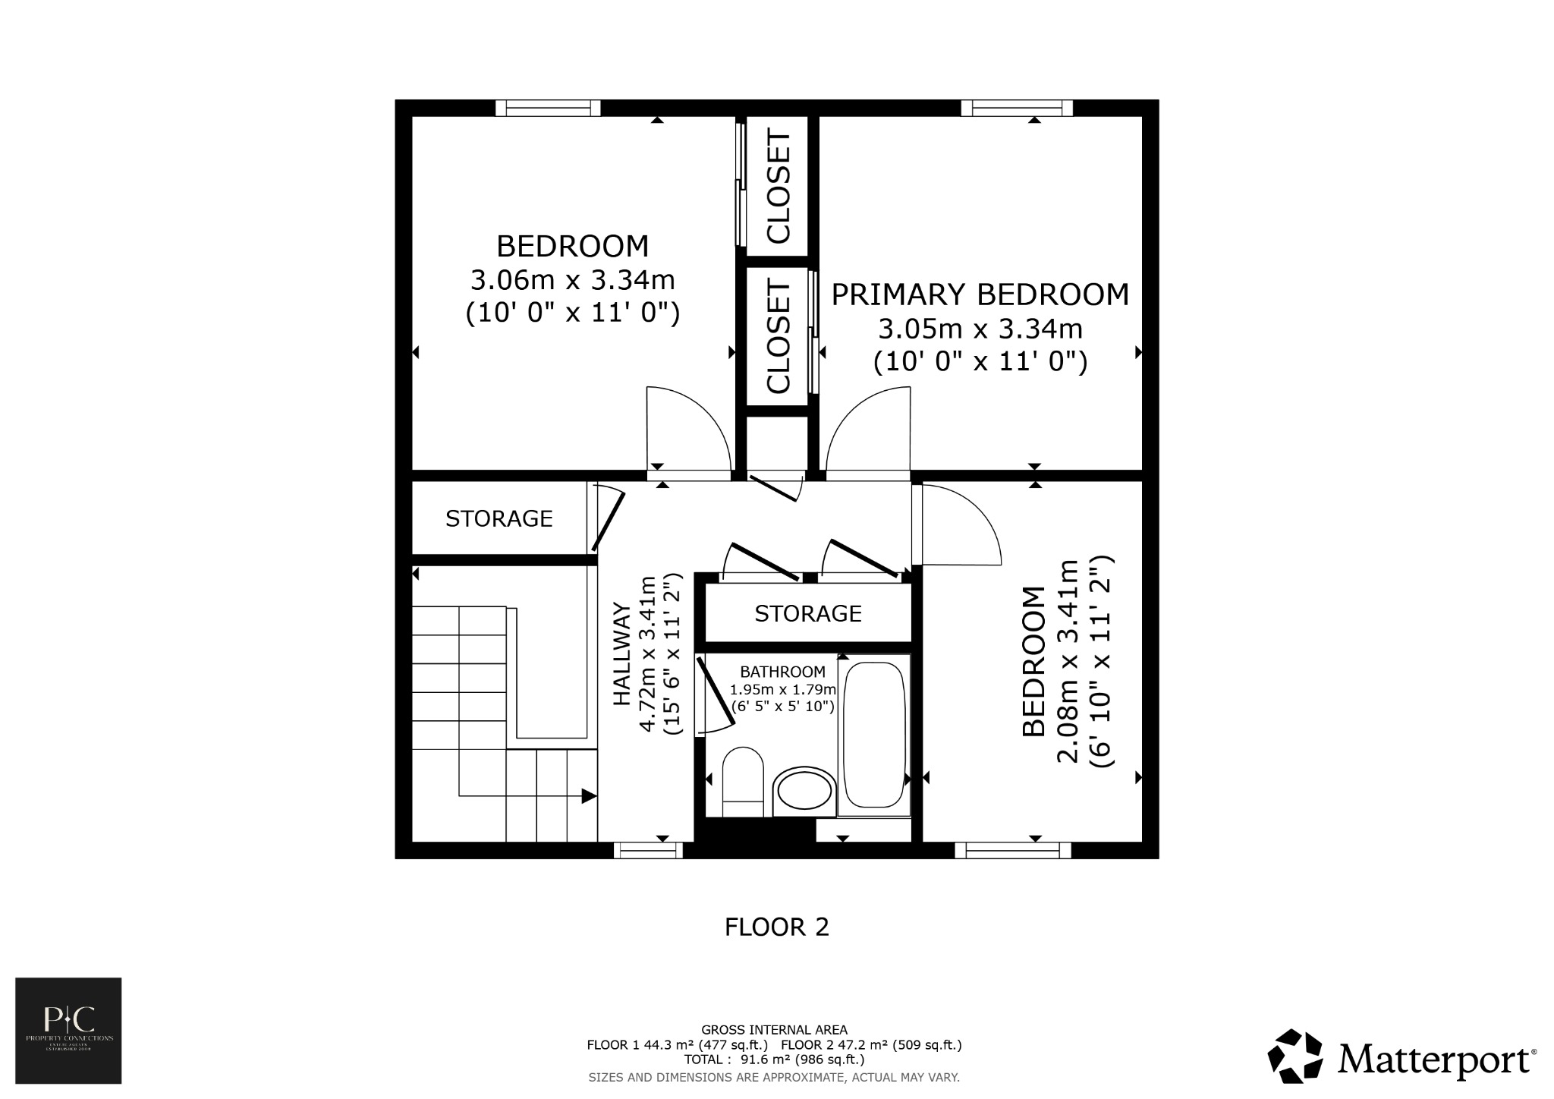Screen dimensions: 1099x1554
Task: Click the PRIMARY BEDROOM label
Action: click(980, 294)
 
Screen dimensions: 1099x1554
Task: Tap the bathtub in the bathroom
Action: click(874, 735)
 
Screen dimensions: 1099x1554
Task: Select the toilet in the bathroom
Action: click(742, 782)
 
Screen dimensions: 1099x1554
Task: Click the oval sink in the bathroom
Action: click(804, 791)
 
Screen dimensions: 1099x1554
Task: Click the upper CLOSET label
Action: click(779, 187)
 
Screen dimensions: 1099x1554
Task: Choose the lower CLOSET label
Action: click(779, 335)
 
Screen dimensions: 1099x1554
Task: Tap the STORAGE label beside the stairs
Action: click(499, 519)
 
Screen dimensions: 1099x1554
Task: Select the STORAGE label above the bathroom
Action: click(807, 613)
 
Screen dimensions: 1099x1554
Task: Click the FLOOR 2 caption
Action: click(776, 927)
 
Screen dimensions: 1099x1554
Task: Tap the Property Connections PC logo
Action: click(68, 1030)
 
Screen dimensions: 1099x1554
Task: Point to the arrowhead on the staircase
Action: click(589, 796)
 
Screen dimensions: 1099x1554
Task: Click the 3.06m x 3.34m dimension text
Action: click(572, 281)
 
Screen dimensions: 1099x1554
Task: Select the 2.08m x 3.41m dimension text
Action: click(1068, 662)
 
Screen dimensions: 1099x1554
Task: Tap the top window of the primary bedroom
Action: click(1017, 109)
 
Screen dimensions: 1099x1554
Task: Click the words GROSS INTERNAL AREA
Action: click(774, 1030)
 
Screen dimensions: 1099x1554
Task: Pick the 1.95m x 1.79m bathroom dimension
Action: click(782, 690)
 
